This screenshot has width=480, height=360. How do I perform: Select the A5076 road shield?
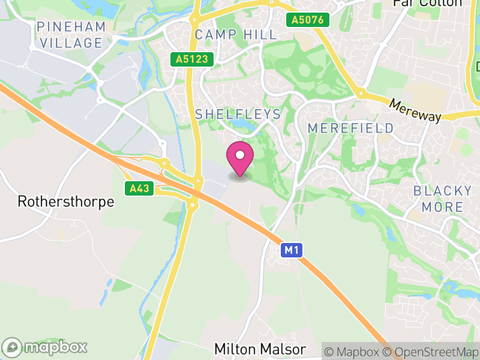tap(308, 20)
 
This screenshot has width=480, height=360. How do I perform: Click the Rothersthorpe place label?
tap(66, 202)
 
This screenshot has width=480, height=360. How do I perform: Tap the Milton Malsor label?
tap(260, 349)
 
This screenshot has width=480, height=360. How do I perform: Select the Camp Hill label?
tap(236, 34)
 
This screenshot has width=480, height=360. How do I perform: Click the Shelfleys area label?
tap(238, 114)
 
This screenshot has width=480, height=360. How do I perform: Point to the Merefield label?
tap(351, 128)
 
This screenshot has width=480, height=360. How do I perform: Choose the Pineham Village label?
tap(70, 35)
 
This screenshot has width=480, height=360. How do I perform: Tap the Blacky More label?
tap(443, 199)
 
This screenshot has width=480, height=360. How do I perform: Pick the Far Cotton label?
tap(427, 3)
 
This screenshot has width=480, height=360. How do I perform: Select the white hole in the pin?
tap(240, 155)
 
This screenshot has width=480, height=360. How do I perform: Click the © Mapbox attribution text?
tap(353, 351)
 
